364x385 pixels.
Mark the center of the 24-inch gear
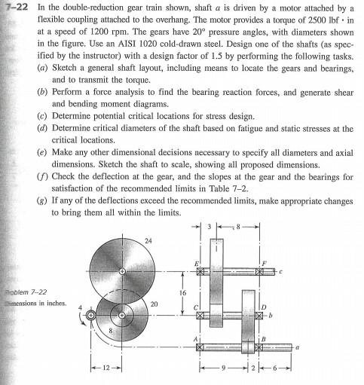point(124,270)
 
